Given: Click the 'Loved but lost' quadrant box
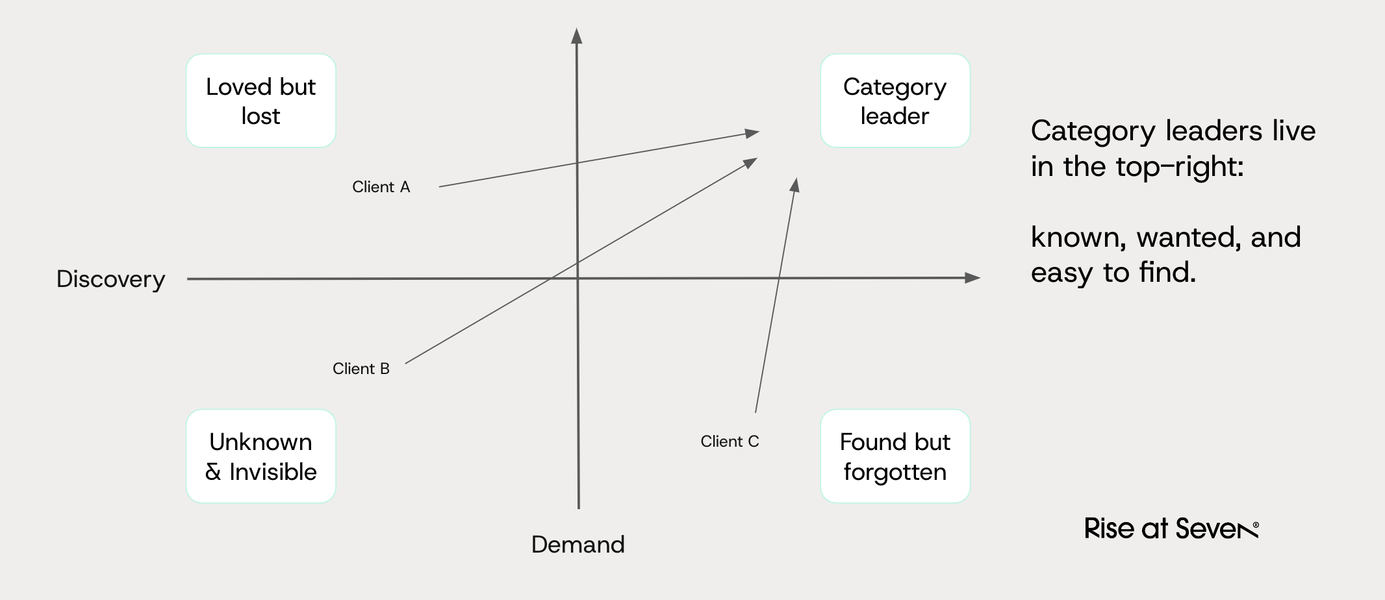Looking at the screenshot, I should [x=260, y=101].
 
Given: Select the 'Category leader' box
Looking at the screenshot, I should [x=895, y=101].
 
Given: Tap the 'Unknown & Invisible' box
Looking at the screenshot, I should [x=260, y=456].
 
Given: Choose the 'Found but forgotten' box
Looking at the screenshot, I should [x=895, y=456].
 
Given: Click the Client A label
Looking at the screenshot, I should [x=381, y=187].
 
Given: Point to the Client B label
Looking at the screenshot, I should [x=361, y=369].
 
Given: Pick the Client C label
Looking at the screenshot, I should [x=730, y=442].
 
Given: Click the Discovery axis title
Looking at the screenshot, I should [x=110, y=279].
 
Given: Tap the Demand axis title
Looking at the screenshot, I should [x=578, y=544].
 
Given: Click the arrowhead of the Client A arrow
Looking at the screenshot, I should [x=753, y=133].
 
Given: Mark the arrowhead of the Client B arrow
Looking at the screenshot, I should [x=751, y=162].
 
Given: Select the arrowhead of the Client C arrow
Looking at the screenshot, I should [x=794, y=184].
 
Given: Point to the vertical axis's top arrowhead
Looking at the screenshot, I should [x=576, y=36].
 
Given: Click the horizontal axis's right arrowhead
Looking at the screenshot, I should [x=972, y=278].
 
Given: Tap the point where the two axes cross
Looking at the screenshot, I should [x=578, y=279].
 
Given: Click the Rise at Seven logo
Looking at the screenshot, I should [x=1171, y=529].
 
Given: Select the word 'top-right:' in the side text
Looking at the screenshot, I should [x=1179, y=167].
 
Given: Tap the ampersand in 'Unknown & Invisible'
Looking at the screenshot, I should [x=213, y=472].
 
